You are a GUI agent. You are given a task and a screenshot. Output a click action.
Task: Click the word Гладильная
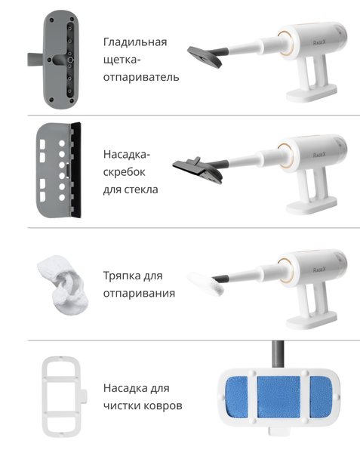click(135, 42)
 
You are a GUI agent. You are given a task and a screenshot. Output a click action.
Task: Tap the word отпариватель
click(141, 78)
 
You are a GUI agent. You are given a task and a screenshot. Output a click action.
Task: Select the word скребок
click(124, 172)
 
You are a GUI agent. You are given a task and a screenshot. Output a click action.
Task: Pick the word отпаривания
click(139, 293)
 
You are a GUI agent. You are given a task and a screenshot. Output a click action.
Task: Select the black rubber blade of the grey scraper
click(76, 170)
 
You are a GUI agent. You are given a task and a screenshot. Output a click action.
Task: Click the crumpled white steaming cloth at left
click(63, 285)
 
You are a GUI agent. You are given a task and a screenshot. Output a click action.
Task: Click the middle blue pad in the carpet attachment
click(278, 397)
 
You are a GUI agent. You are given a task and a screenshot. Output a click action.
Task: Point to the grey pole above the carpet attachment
click(278, 354)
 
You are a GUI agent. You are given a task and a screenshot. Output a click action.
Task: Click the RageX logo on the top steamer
click(319, 42)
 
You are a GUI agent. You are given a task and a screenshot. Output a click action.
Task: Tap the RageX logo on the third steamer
click(319, 270)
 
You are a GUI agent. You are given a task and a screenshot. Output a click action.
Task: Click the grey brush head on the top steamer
click(205, 56)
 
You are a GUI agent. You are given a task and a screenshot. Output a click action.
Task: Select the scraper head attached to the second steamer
click(198, 170)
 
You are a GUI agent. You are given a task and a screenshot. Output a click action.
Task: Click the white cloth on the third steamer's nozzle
click(205, 283)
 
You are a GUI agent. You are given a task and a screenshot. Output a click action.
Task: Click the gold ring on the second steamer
click(286, 156)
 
